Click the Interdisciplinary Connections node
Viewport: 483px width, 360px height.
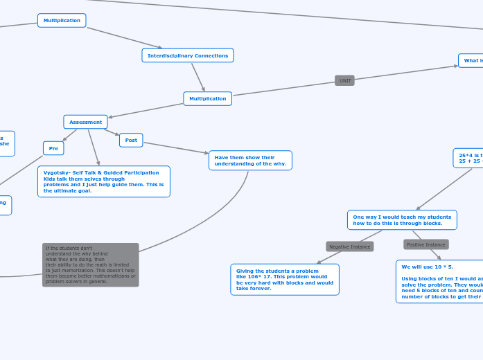tap(187, 55)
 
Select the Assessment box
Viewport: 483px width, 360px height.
tap(85, 122)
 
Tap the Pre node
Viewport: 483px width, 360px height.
tap(53, 148)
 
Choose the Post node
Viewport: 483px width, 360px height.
tap(131, 140)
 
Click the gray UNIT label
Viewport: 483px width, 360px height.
tap(344, 80)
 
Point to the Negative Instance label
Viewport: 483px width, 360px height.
tap(349, 246)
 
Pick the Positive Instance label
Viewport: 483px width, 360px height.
tap(425, 244)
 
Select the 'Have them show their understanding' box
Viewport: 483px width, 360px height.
tap(250, 161)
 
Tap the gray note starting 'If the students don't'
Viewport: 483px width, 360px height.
tap(90, 264)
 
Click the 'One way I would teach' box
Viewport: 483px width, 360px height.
tap(402, 220)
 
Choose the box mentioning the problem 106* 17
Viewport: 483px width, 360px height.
tap(284, 279)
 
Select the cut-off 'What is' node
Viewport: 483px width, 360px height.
tap(472, 60)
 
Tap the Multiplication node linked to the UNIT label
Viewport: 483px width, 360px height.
tap(207, 98)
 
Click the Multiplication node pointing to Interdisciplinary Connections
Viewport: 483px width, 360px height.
tap(62, 20)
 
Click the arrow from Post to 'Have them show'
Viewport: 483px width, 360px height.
tap(175, 147)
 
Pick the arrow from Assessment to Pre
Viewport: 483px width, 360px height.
tap(70, 134)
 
